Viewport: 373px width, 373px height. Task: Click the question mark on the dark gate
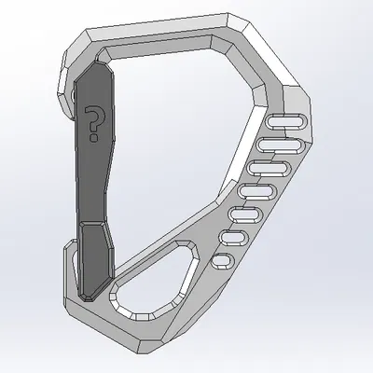[93, 122]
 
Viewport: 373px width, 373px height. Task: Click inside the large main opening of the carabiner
[177, 149]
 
